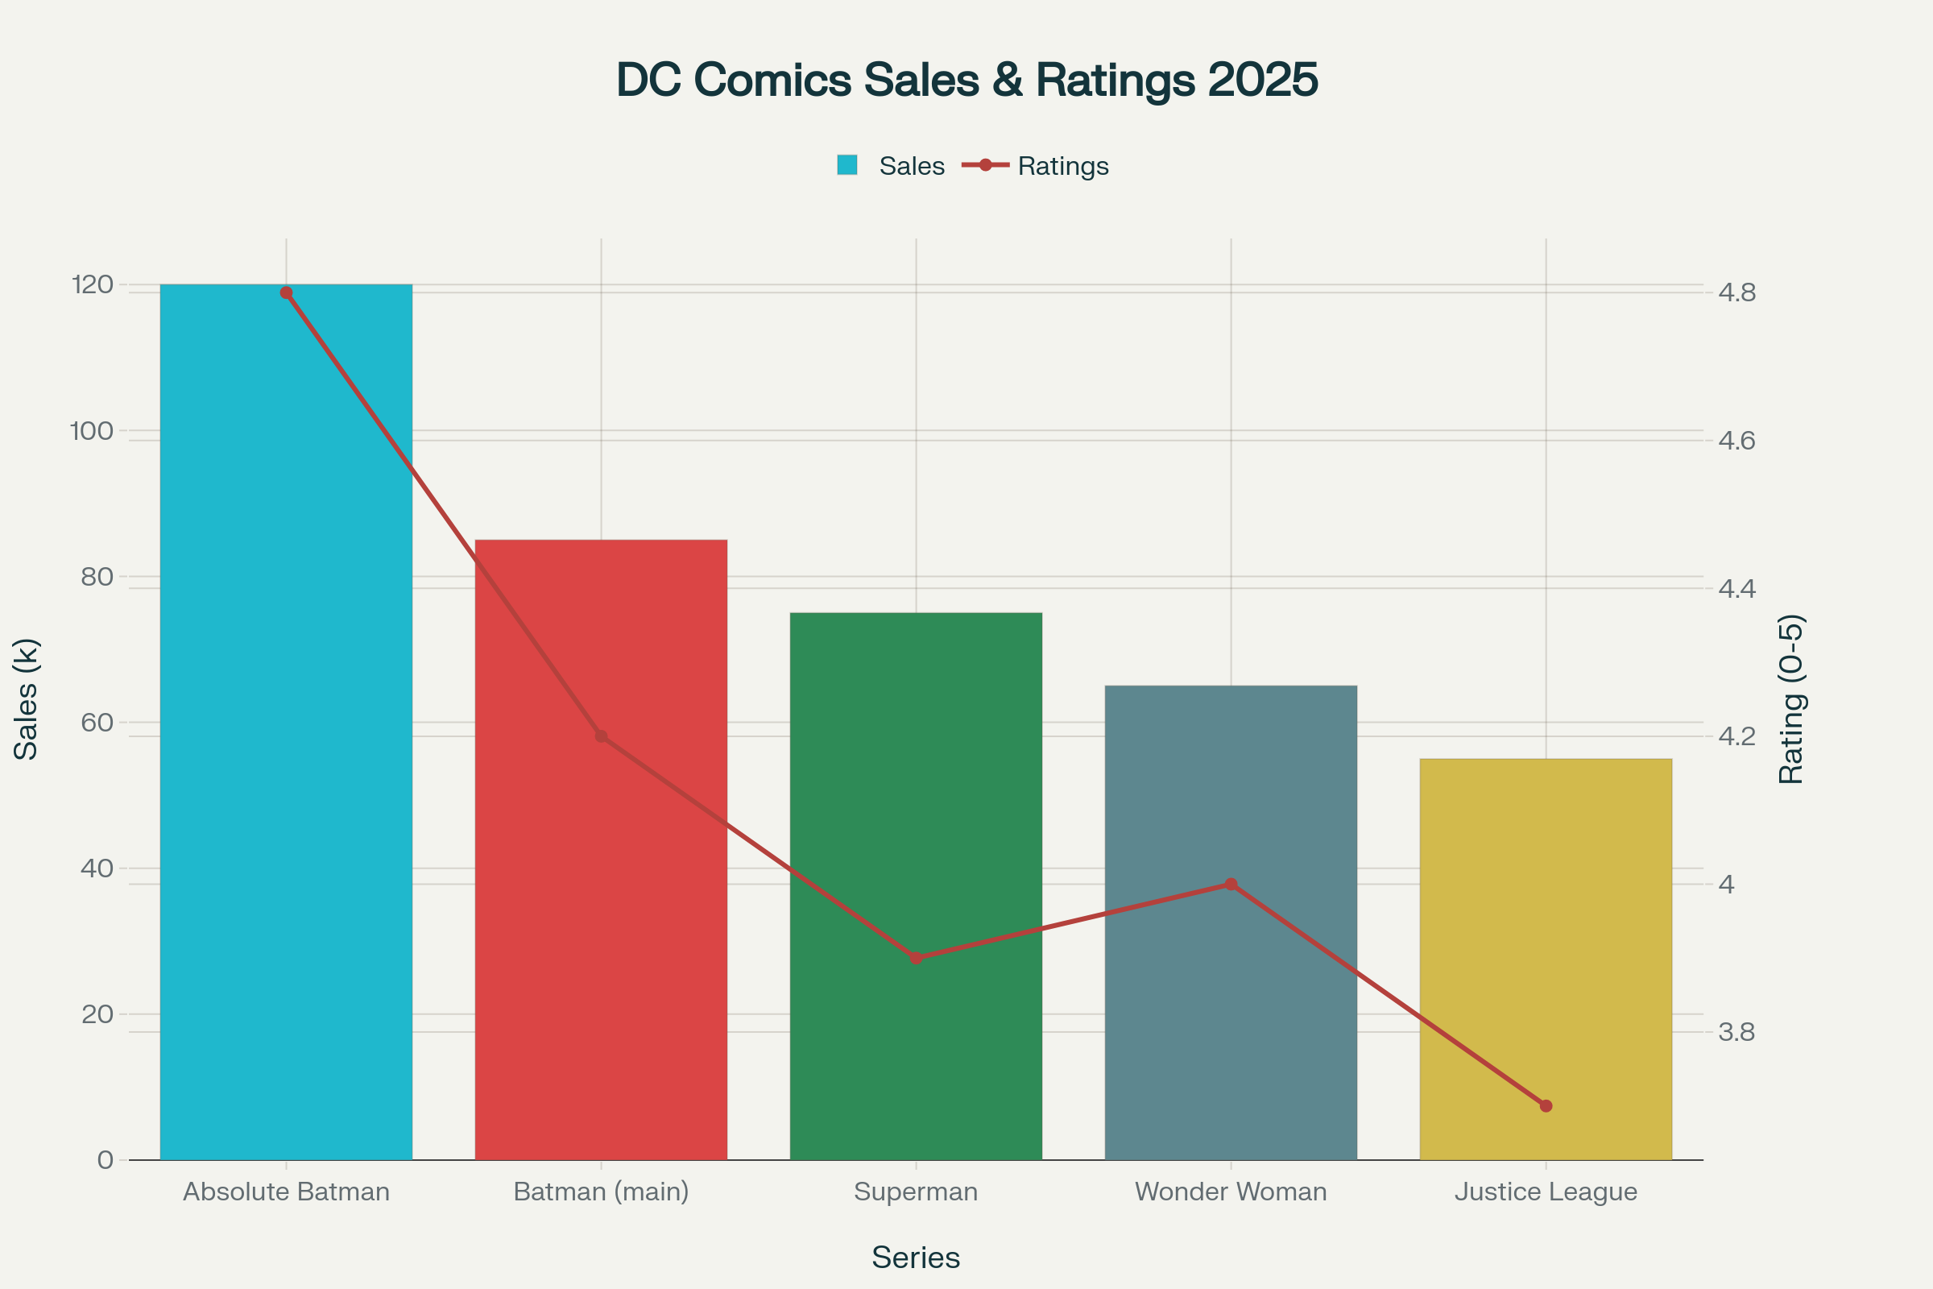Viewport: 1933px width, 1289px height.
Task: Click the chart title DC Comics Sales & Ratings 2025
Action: click(966, 80)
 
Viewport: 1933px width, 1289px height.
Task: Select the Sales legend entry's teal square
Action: click(846, 165)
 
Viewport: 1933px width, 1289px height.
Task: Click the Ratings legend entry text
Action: click(1062, 166)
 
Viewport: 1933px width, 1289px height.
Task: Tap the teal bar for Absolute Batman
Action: click(286, 740)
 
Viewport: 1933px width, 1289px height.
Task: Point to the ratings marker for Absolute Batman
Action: click(286, 292)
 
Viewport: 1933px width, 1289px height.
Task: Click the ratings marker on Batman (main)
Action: click(601, 736)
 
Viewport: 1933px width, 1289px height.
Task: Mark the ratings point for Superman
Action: click(916, 958)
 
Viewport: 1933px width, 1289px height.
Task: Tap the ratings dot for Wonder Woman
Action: click(1231, 884)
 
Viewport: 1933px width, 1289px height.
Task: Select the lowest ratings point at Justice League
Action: click(1545, 1105)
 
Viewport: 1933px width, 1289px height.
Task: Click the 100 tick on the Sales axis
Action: click(91, 431)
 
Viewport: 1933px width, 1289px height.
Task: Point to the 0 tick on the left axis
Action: click(106, 1160)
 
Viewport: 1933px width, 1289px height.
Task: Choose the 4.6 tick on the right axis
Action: click(1736, 441)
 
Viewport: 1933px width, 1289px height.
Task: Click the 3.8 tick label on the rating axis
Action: click(1736, 1032)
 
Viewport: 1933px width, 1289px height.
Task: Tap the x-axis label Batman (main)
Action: click(601, 1192)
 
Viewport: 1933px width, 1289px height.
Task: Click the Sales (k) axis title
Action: click(27, 698)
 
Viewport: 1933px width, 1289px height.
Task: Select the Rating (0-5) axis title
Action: click(1790, 698)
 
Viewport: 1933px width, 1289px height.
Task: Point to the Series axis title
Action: click(916, 1258)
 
